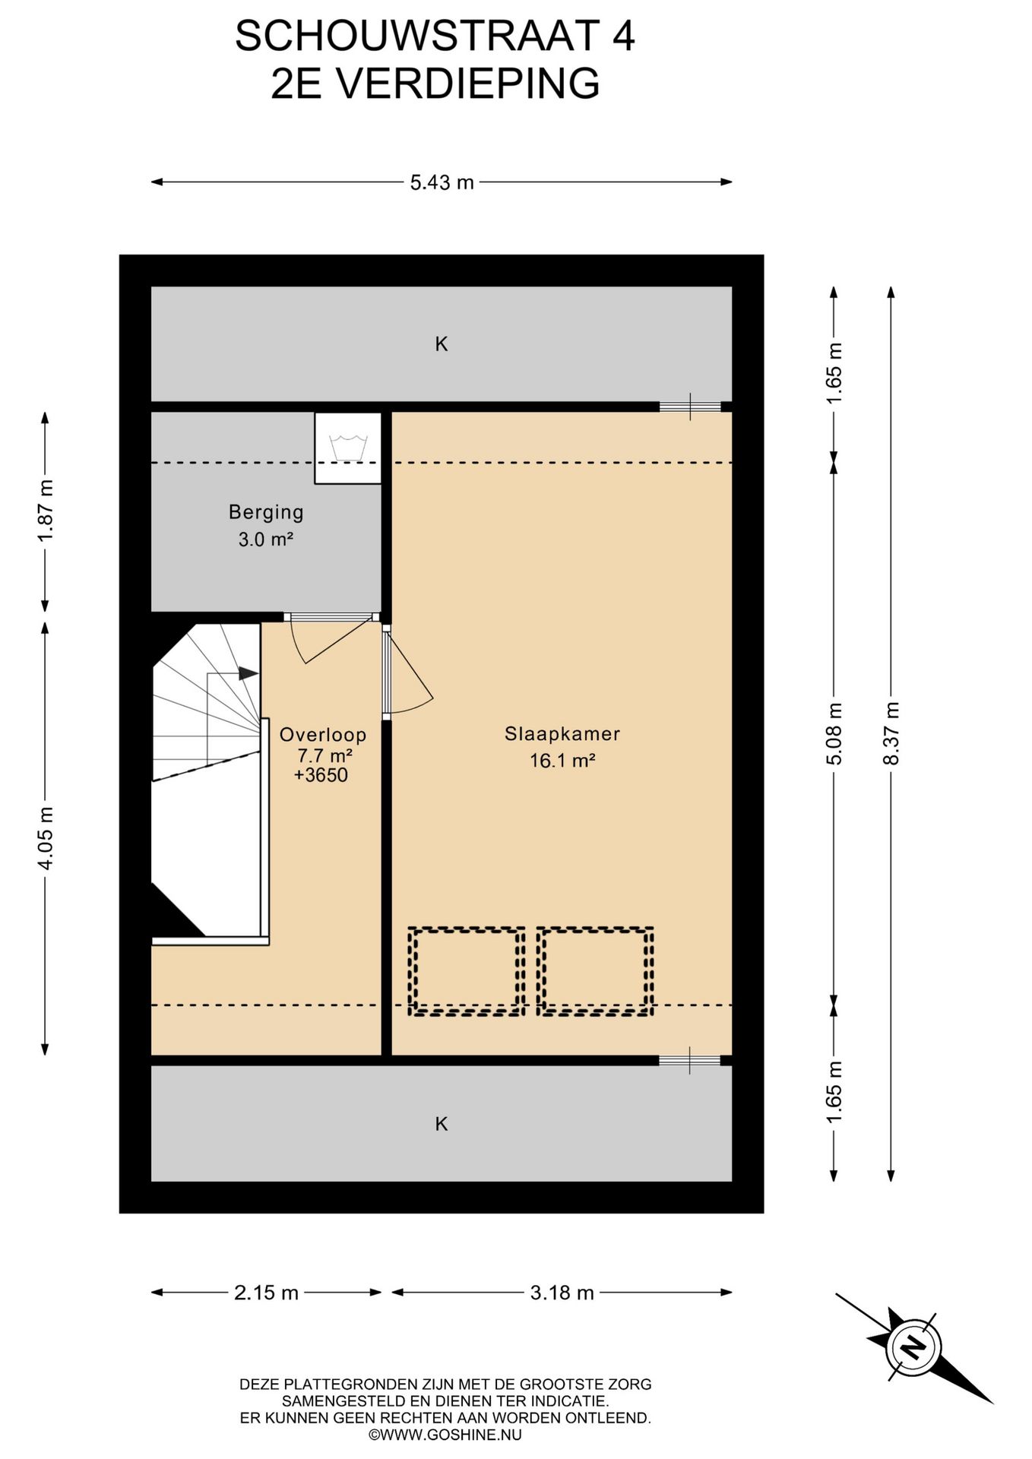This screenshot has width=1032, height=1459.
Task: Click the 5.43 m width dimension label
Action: coord(442,182)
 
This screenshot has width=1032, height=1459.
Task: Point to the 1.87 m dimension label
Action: coord(46,511)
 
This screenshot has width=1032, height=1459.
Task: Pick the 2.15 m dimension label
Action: coord(266,1293)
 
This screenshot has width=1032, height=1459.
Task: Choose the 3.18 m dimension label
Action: coord(562,1293)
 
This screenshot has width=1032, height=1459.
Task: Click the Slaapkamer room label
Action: coord(562,734)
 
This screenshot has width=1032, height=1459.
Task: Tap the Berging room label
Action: coord(266,512)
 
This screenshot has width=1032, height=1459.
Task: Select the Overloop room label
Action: coord(323,735)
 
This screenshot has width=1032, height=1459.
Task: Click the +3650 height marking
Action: coord(321,775)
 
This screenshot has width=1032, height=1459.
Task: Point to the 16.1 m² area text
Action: coord(562,761)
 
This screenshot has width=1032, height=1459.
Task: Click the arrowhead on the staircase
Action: coord(249,673)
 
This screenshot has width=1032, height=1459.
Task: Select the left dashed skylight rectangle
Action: coord(467,971)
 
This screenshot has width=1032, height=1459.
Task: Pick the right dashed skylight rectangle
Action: coord(595,971)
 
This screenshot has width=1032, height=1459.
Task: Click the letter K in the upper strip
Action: coord(442,344)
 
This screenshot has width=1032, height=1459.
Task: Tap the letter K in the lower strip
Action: coord(442,1124)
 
